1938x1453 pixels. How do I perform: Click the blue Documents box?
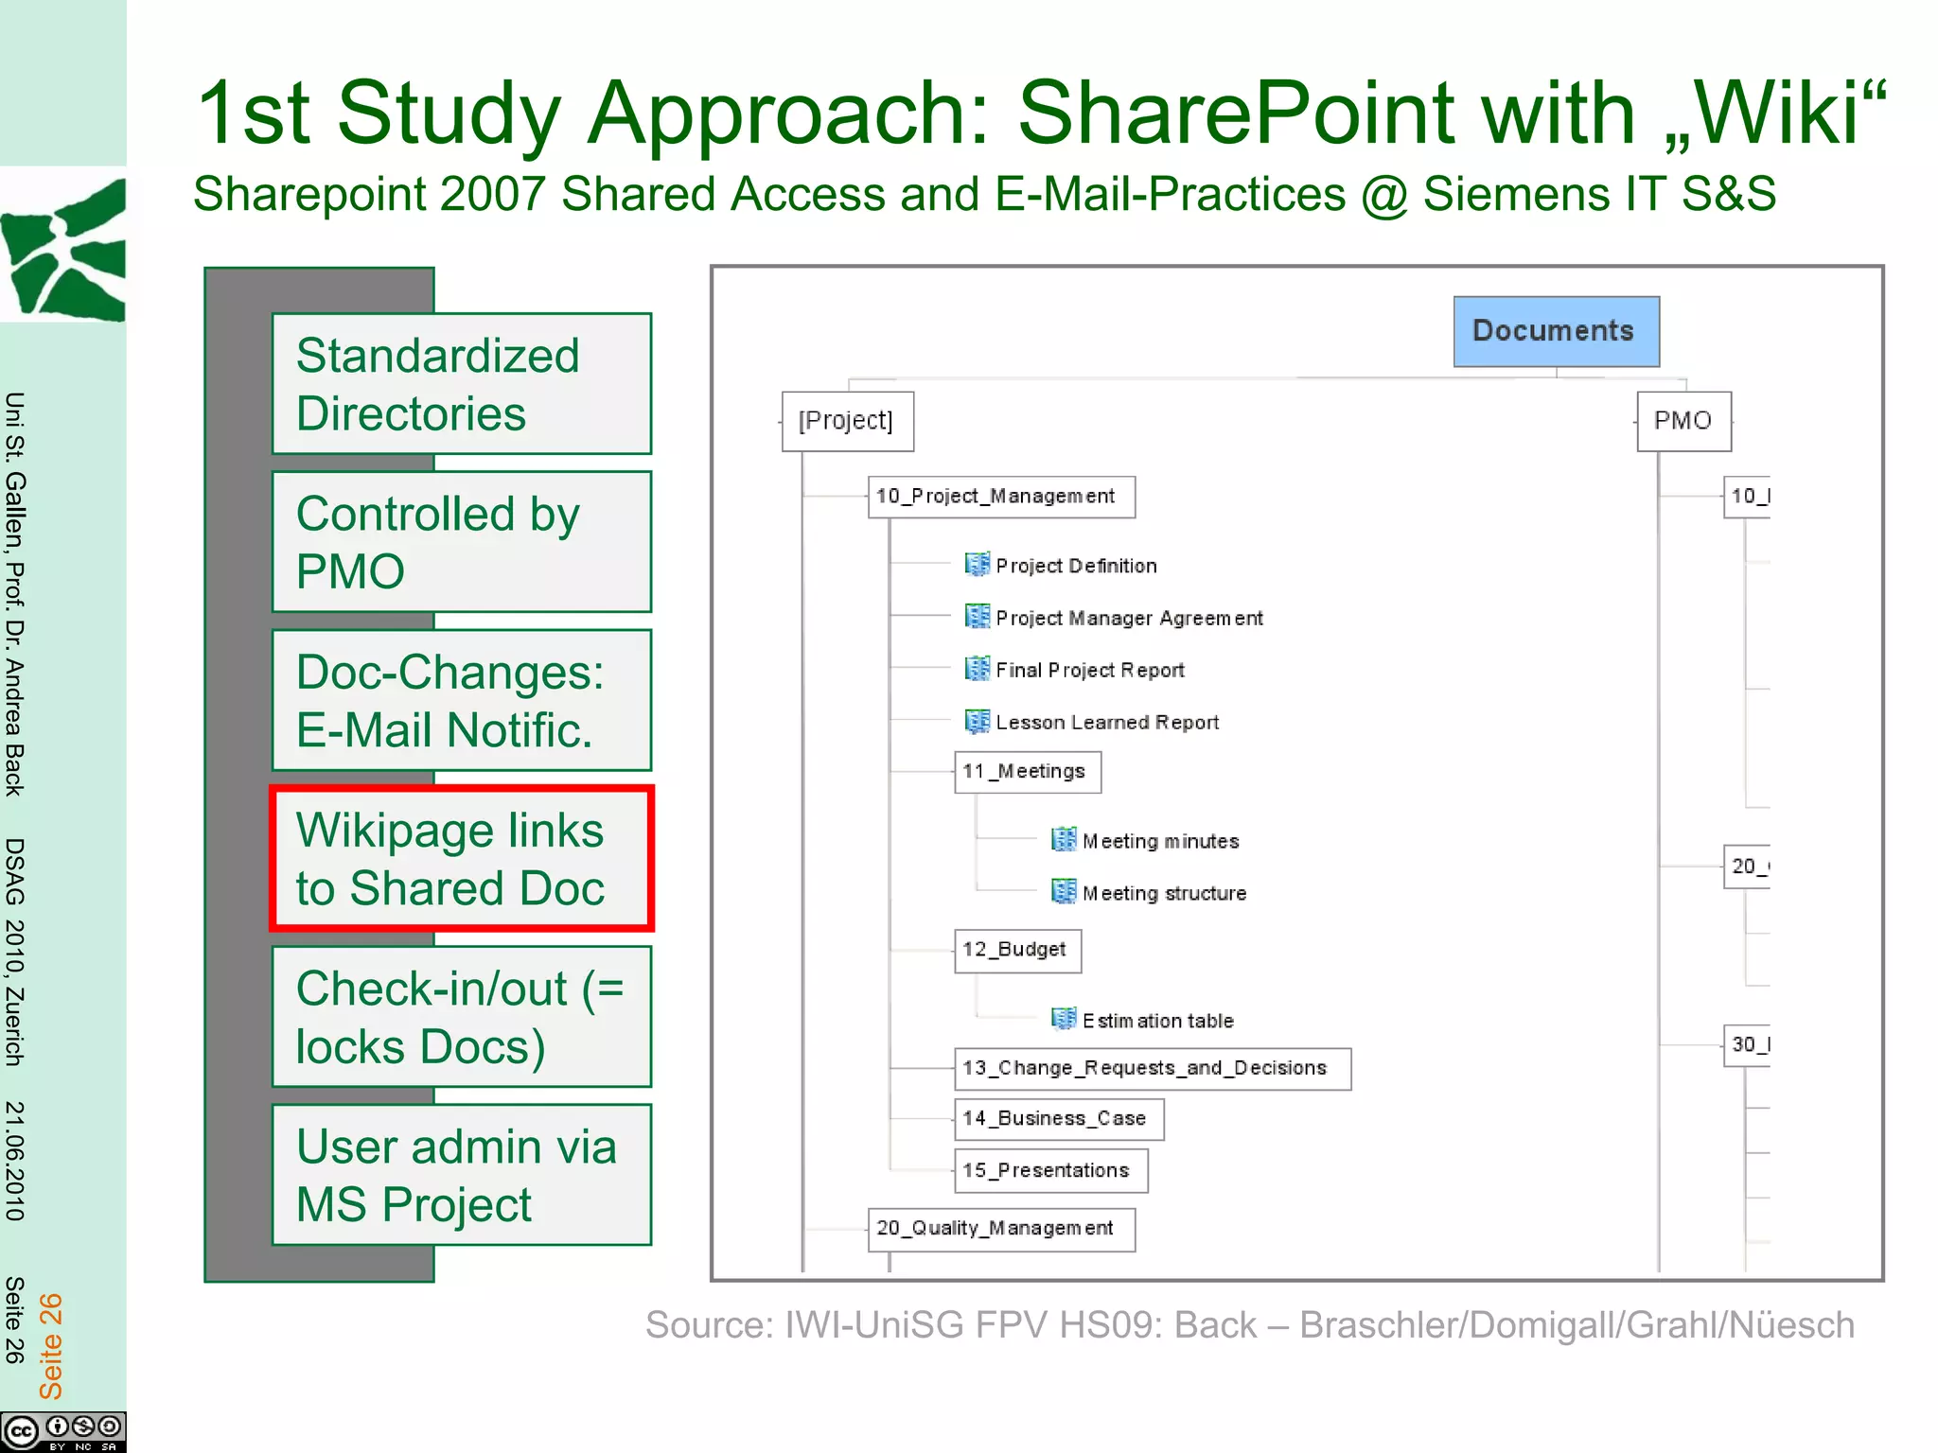tap(1555, 331)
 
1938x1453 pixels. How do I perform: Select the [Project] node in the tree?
tap(846, 421)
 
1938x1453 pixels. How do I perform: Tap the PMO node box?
tap(1683, 421)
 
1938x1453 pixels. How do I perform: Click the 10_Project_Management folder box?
tap(1000, 497)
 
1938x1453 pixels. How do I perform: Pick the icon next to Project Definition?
tap(977, 565)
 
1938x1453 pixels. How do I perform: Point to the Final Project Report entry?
tap(1089, 670)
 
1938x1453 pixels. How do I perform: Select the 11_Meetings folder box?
tap(1027, 772)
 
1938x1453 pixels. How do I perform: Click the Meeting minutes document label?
tap(1160, 841)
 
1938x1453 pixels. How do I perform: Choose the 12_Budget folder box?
tap(1016, 950)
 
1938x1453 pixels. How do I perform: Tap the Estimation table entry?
tap(1157, 1021)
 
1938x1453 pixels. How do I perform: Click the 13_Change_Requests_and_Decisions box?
tap(1151, 1069)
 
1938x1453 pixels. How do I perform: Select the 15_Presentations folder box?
tap(1049, 1171)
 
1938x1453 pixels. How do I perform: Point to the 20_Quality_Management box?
tap(1000, 1229)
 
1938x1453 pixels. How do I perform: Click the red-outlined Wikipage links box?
tap(462, 859)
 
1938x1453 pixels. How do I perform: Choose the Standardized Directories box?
tap(462, 384)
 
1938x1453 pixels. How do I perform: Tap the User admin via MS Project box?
tap(462, 1175)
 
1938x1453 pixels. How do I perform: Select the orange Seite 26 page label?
tap(50, 1345)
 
